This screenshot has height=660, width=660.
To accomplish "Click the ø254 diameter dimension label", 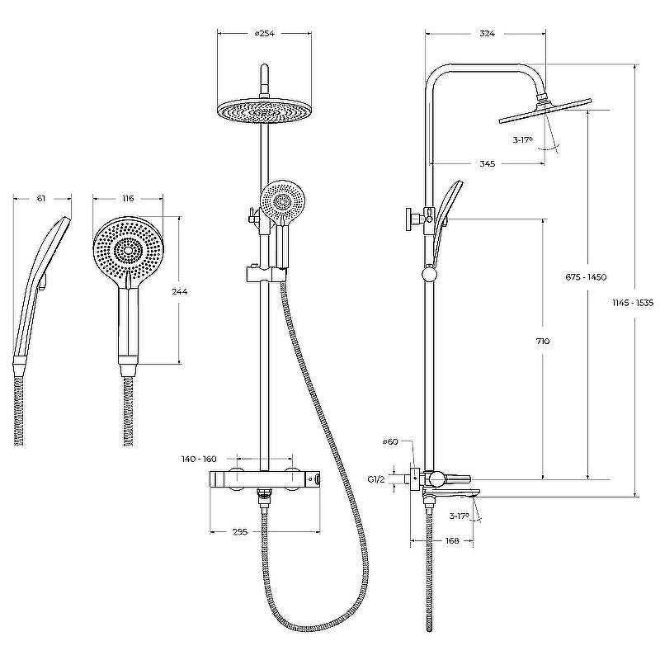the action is [x=264, y=33].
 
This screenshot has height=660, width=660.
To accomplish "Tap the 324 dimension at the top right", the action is [x=487, y=33].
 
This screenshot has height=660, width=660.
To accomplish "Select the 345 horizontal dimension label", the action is [x=487, y=163].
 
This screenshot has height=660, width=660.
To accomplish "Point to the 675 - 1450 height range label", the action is [x=586, y=277].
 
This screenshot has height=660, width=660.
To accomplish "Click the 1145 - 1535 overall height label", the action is [x=633, y=302].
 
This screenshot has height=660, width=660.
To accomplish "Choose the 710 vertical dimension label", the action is [x=543, y=342].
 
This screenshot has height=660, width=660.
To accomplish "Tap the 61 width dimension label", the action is [x=40, y=198].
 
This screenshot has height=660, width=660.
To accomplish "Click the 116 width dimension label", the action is [x=128, y=198].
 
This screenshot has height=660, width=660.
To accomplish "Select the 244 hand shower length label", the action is [x=179, y=291].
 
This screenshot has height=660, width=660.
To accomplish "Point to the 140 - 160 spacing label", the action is [x=199, y=459].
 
